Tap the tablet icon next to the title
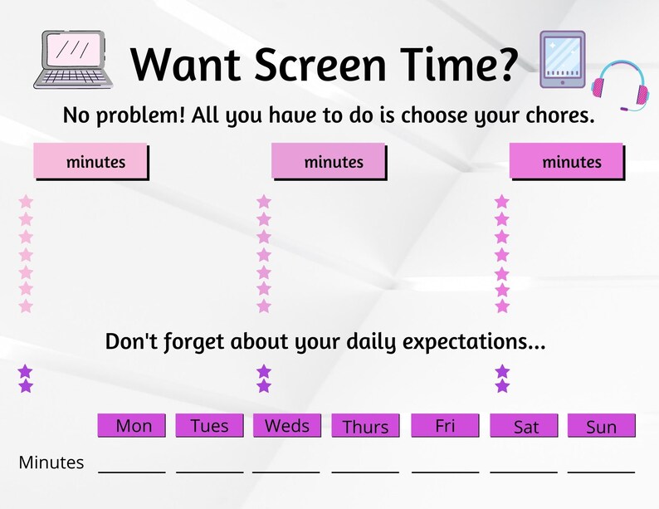point(562,59)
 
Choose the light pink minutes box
point(90,162)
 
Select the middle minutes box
point(329,162)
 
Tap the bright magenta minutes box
point(566,162)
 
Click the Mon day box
point(133,426)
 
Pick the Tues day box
point(209,426)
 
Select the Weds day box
point(286,426)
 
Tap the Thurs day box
point(365,427)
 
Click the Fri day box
point(445,426)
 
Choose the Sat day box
point(525,427)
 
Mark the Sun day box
point(601,427)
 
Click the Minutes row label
point(51,463)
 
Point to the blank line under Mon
point(132,471)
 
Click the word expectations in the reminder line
point(469,342)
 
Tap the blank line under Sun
point(601,471)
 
